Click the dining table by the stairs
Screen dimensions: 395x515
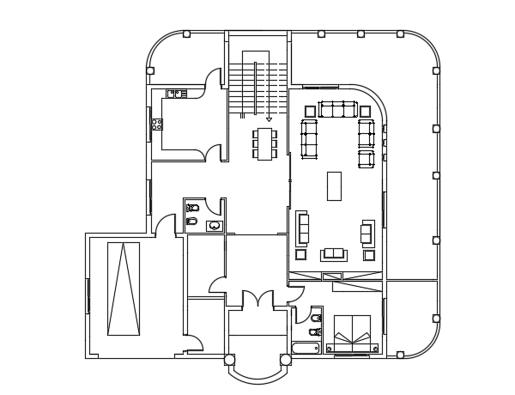[x=265, y=143]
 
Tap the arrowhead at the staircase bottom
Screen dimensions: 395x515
[x=269, y=118]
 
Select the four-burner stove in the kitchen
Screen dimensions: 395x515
[x=156, y=125]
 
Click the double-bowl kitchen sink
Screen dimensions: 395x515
[x=177, y=93]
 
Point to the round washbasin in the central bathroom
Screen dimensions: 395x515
[x=214, y=226]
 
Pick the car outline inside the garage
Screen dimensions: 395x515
[x=123, y=289]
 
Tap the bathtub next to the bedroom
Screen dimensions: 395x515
[x=306, y=348]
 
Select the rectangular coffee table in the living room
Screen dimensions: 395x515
[x=334, y=185]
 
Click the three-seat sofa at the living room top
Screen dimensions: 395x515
[x=337, y=109]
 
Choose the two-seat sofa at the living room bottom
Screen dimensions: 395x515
[x=334, y=254]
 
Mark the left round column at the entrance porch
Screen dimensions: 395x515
[x=229, y=360]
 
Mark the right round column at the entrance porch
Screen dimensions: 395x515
[x=284, y=360]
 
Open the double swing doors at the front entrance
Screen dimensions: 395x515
[x=256, y=301]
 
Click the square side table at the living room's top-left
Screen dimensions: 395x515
[x=310, y=109]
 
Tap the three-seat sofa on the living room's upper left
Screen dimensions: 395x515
[x=309, y=138]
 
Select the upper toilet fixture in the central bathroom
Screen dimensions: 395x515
[x=192, y=208]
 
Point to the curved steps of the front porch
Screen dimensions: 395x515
[x=257, y=376]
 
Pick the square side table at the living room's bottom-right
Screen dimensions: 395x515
[x=370, y=254]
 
